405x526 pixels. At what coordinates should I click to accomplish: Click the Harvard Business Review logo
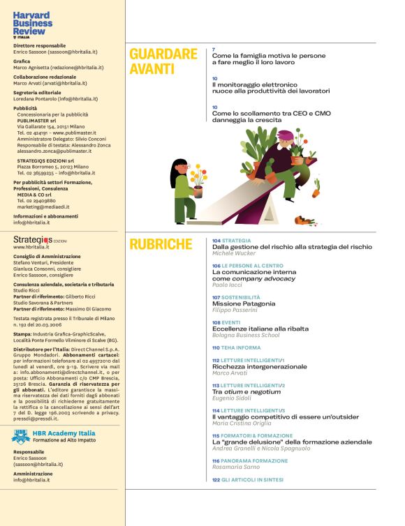33,23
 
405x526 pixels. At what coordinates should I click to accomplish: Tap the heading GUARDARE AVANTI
163,61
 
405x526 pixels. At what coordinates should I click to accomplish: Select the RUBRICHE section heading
161,244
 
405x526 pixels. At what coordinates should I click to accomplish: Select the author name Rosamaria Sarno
235,467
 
